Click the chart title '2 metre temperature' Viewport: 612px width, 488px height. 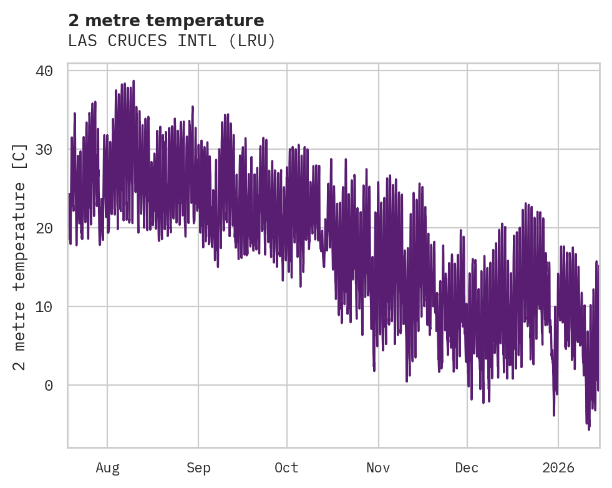(x=166, y=21)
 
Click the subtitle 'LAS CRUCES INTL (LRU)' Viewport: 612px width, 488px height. (x=172, y=41)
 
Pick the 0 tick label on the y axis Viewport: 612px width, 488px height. (x=49, y=385)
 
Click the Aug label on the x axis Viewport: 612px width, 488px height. (x=107, y=467)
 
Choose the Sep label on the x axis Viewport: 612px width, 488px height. (x=198, y=467)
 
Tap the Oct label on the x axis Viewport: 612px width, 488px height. (x=286, y=467)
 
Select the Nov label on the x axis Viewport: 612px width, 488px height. (x=378, y=467)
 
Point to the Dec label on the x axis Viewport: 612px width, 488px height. (x=467, y=467)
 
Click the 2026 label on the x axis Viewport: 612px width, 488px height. (x=558, y=467)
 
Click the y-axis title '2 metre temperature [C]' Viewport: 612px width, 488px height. (x=20, y=256)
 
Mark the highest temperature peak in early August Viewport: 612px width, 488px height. (x=134, y=81)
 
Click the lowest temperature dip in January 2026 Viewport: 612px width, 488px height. (x=588, y=429)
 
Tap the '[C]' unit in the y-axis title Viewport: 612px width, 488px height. (x=20, y=154)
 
